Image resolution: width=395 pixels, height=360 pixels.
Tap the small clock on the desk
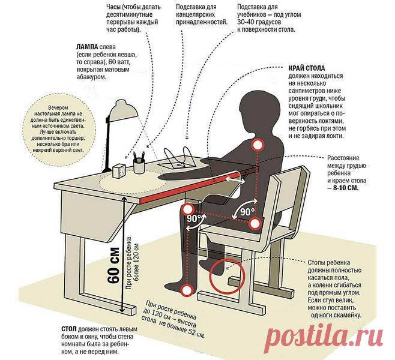119,171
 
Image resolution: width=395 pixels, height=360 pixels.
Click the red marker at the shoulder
258,145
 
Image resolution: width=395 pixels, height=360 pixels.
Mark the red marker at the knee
188,209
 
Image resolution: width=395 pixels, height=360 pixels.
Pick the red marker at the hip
255,223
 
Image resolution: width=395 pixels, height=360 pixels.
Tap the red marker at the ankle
187,290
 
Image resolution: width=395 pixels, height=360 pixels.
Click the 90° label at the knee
193,218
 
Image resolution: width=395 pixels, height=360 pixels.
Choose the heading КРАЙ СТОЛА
307,68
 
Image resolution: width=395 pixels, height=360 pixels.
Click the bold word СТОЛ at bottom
69,329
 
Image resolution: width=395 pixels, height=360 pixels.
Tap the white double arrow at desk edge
235,180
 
